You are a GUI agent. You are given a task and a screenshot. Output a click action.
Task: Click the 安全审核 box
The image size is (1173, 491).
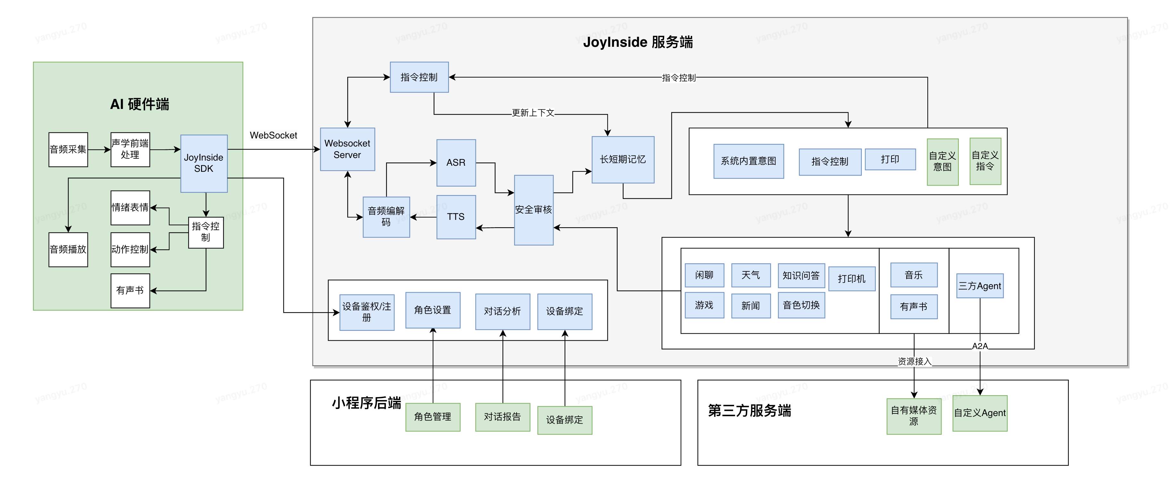(534, 210)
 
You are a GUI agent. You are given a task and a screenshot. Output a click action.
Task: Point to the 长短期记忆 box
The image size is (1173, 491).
(623, 159)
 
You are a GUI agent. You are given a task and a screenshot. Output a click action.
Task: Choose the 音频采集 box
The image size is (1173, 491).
(68, 150)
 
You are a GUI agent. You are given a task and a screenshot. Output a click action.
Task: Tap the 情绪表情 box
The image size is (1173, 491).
(130, 207)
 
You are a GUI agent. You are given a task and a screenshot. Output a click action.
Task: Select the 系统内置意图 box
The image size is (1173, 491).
(749, 161)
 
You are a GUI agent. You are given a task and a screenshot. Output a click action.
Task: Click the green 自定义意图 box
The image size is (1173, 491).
(942, 162)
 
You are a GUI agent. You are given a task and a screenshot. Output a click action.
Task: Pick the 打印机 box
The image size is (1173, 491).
(851, 279)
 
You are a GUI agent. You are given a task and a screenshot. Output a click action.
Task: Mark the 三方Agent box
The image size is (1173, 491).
(980, 286)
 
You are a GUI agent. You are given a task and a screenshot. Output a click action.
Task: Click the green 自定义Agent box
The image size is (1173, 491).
(980, 413)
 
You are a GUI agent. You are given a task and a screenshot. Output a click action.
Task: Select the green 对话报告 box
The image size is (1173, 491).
(503, 417)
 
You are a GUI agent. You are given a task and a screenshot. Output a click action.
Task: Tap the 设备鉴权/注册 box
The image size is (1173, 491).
(367, 312)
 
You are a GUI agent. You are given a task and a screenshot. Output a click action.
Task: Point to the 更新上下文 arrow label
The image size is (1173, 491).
(533, 113)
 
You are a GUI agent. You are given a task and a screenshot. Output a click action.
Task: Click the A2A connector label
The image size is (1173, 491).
(980, 346)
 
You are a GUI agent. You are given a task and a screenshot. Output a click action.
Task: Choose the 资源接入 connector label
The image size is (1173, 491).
(914, 361)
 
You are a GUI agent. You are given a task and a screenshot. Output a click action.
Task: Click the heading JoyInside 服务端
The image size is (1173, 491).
(638, 42)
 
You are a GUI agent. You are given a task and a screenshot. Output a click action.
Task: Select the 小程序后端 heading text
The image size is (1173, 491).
(367, 403)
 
